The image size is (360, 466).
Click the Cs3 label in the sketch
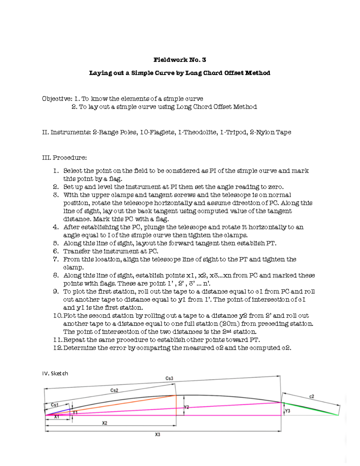pos(169,378)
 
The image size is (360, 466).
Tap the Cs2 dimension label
pos(114,390)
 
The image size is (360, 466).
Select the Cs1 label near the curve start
pos(55,405)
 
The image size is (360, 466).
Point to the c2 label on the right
pos(312,396)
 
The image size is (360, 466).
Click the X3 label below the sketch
pos(157,434)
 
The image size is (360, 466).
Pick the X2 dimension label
pos(104,423)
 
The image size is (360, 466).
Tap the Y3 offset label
pos(287,411)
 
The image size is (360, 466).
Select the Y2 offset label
pos(186,407)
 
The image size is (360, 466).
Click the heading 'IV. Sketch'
pos(55,373)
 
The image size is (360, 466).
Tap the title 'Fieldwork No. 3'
pos(180,60)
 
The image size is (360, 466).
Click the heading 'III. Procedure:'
pos(64,158)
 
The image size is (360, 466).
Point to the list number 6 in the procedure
pos(56,251)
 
